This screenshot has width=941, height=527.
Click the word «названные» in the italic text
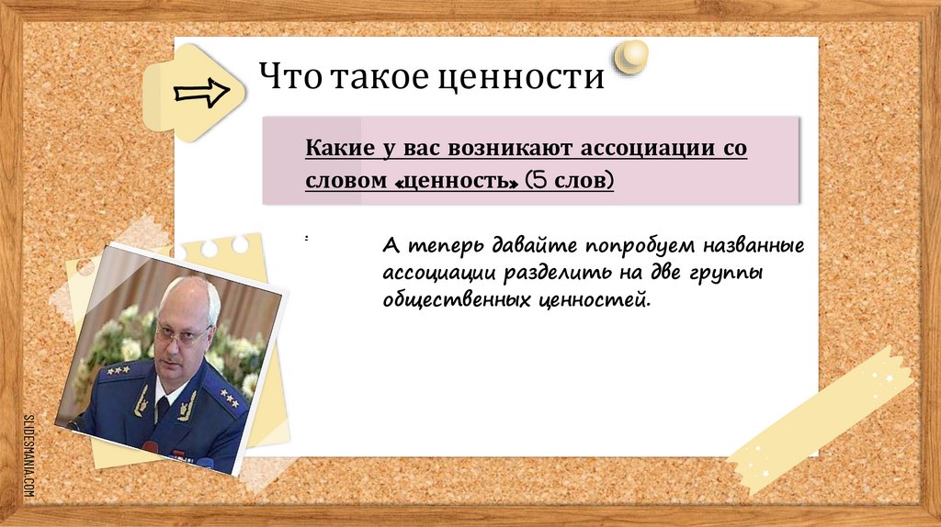[x=754, y=246]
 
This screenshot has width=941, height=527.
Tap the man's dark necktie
[x=163, y=408]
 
